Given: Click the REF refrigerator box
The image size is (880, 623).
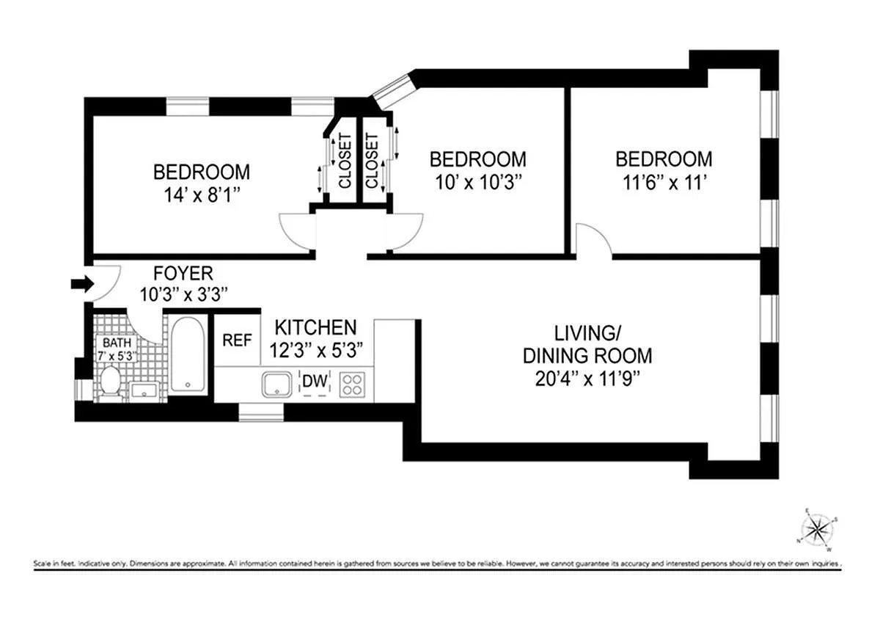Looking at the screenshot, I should [x=237, y=340].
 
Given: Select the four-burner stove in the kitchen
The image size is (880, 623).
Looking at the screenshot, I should [x=351, y=384].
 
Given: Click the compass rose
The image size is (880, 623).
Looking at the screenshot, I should [x=815, y=528].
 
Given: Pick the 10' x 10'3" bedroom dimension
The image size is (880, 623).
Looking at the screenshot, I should [x=477, y=183].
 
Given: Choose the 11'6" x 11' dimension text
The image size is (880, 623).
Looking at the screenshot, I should [x=663, y=183].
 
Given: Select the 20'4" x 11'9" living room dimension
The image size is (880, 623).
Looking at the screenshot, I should [x=587, y=379].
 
